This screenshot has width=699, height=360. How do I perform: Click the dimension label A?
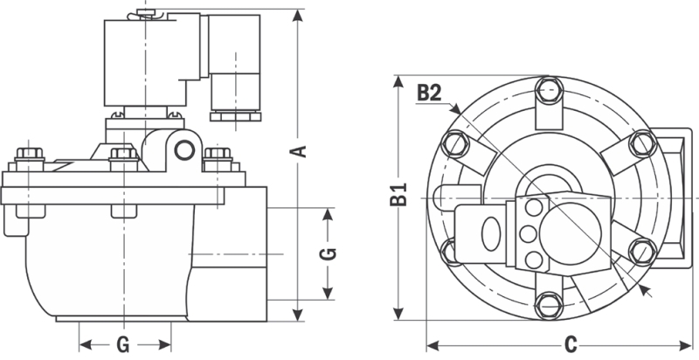pyautogui.click(x=299, y=150)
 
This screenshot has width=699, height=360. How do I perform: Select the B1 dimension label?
pyautogui.click(x=398, y=197)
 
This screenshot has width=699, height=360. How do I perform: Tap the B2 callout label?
pyautogui.click(x=428, y=92)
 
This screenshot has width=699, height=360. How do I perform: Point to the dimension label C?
pyautogui.click(x=569, y=343)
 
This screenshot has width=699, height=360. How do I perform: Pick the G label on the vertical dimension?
pyautogui.click(x=326, y=254)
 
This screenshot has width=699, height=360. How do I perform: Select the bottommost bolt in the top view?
pyautogui.click(x=548, y=307)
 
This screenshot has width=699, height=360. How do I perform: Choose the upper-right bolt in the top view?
pyautogui.click(x=642, y=142)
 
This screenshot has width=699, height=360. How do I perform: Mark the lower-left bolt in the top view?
pyautogui.click(x=453, y=253)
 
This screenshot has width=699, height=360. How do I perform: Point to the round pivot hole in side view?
pyautogui.click(x=184, y=150)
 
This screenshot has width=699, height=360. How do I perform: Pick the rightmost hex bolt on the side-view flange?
pyautogui.click(x=215, y=159)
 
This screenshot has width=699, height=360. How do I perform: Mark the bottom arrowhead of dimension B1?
pyautogui.click(x=398, y=314)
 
